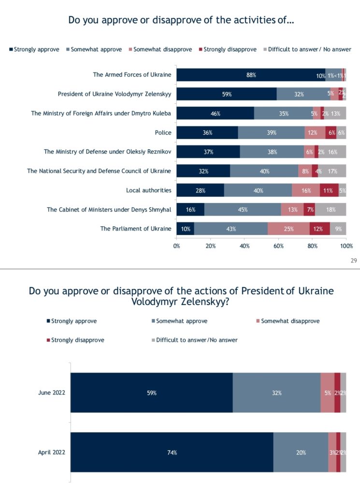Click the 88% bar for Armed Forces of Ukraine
click(x=250, y=75)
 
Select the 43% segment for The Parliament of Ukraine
click(x=231, y=229)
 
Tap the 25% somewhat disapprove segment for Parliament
click(x=288, y=229)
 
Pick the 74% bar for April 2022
click(x=172, y=452)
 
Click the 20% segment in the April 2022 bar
click(x=301, y=452)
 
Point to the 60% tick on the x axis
click(x=278, y=246)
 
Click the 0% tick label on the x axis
click(x=176, y=246)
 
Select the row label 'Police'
click(x=163, y=132)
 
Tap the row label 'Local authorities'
click(x=148, y=190)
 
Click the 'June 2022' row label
click(x=52, y=393)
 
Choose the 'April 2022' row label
click(x=52, y=452)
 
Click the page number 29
click(x=353, y=261)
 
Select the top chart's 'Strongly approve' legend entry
click(x=34, y=49)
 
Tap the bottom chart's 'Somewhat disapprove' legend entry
click(x=287, y=321)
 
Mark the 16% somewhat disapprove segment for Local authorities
click(x=305, y=190)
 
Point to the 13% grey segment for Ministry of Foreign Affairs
click(x=335, y=114)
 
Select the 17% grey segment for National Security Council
click(x=332, y=171)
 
